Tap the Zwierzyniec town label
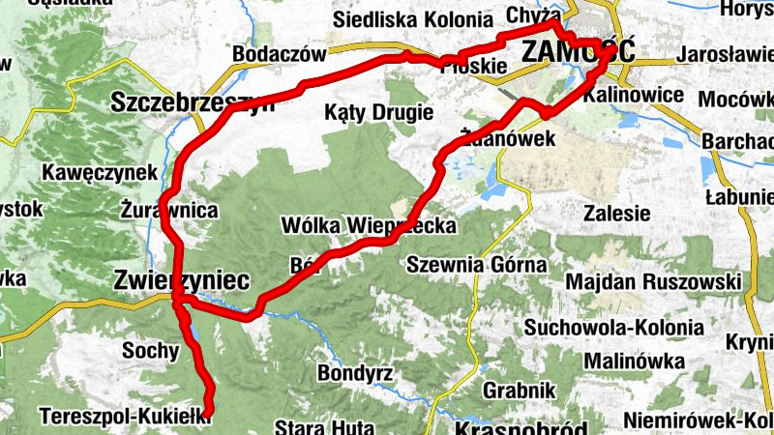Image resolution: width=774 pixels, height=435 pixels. point(180,280)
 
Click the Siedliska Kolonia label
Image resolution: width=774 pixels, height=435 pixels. point(412,19)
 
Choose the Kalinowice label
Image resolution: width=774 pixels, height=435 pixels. point(634,96)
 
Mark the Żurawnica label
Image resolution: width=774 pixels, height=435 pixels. point(170,210)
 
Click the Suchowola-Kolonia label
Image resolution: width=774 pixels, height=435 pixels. point(613,328)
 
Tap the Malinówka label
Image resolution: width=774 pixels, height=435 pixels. point(635,361)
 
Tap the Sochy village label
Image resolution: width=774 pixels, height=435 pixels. point(151,351)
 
